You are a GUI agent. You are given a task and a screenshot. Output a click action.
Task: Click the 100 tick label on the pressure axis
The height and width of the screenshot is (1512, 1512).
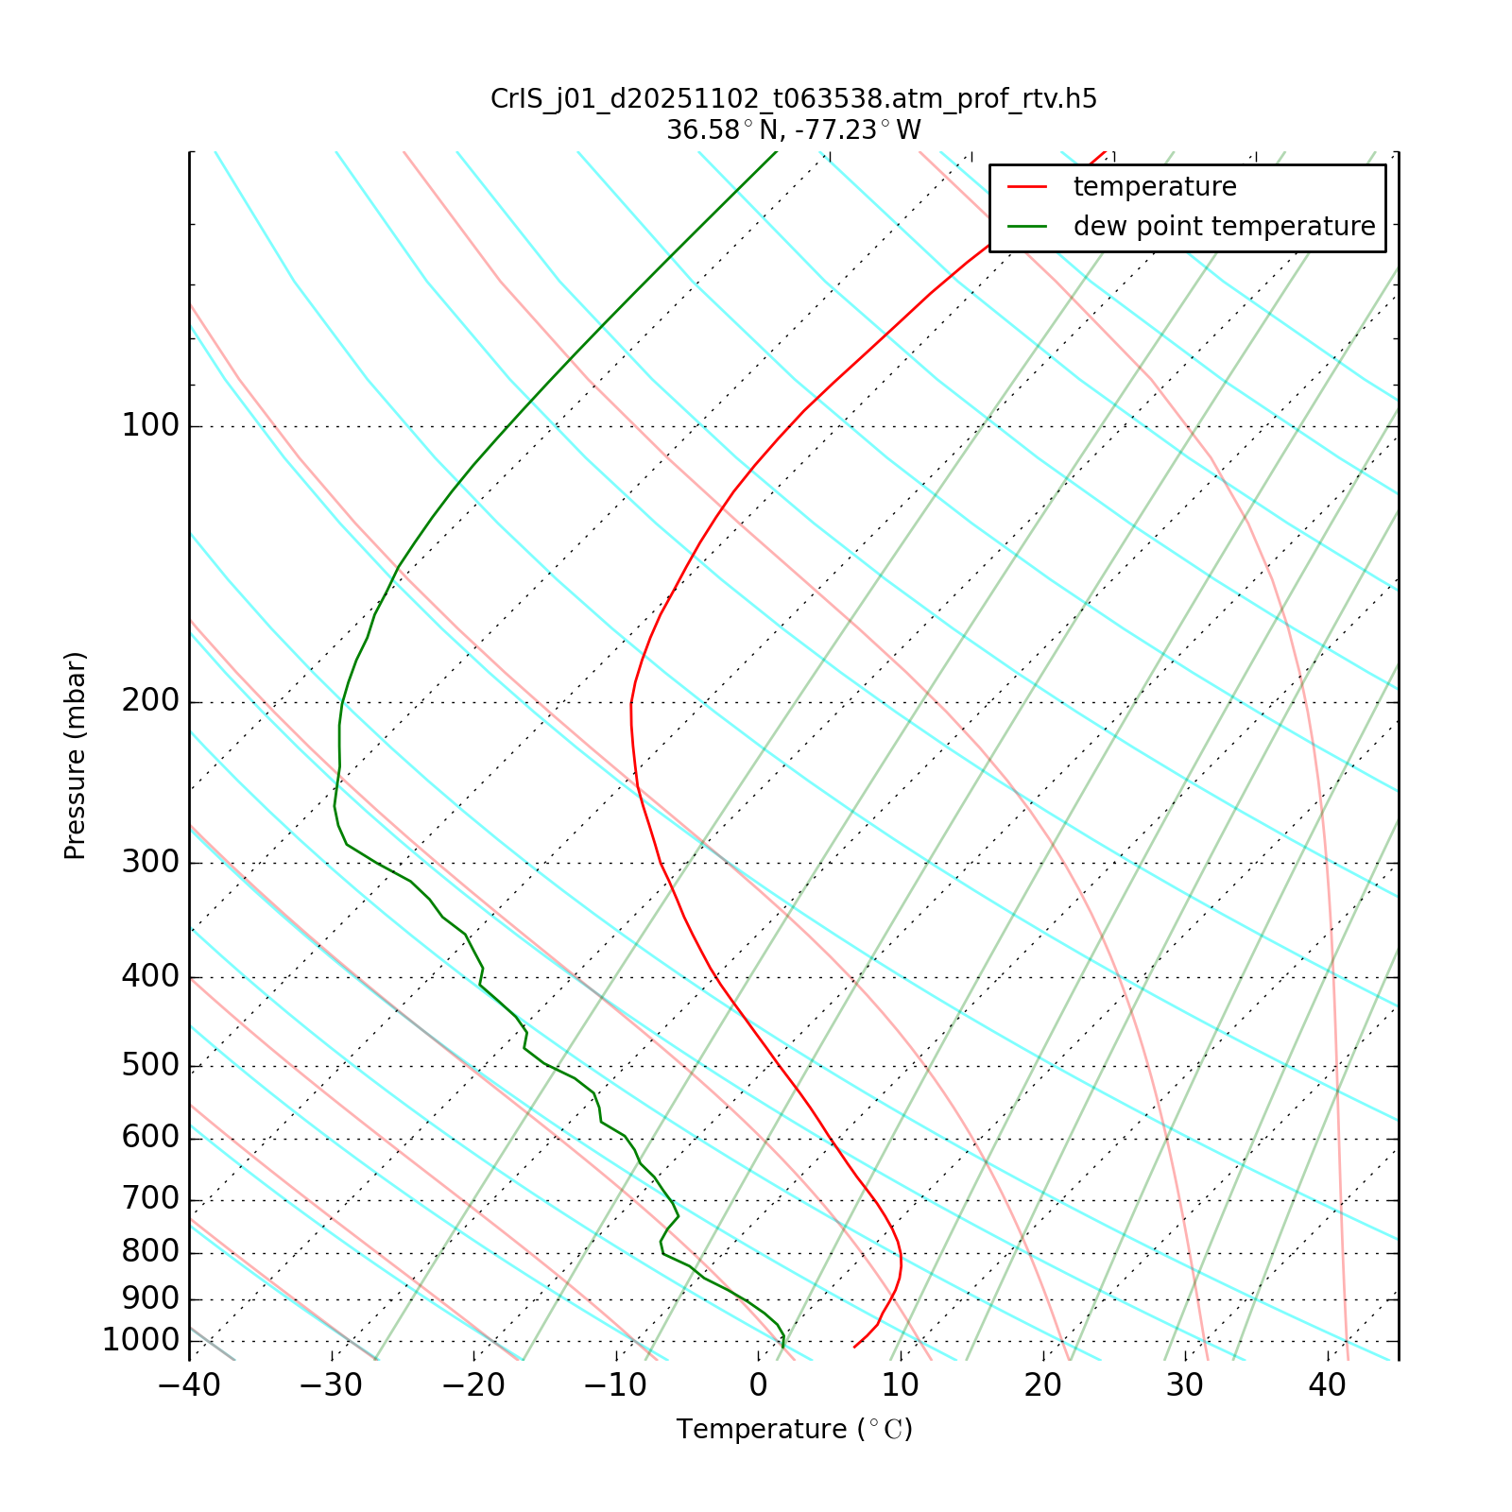150,426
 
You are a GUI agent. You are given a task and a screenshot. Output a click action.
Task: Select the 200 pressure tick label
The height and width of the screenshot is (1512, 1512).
150,701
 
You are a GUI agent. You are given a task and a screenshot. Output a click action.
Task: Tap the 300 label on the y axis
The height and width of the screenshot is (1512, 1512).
150,862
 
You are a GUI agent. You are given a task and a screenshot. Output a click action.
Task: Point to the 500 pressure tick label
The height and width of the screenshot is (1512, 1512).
150,1065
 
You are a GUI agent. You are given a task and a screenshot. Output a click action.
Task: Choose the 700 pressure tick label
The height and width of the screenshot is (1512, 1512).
150,1199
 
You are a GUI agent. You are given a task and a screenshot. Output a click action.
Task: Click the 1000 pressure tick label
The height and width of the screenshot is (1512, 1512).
141,1340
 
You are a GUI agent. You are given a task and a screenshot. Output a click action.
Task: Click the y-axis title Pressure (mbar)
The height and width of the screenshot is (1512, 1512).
76,756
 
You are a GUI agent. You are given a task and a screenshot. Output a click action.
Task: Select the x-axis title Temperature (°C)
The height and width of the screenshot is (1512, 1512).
794,1430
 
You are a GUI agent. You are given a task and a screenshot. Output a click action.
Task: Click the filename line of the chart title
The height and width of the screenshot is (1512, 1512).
794,99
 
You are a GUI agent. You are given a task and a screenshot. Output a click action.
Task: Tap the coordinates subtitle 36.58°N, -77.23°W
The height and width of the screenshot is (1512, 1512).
794,129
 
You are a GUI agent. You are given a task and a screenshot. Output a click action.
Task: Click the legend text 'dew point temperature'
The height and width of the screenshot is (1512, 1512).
1224,227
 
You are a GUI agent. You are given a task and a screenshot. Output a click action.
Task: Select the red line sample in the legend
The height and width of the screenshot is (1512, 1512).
1027,187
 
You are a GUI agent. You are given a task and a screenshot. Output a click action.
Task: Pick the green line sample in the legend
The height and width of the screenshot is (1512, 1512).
1027,227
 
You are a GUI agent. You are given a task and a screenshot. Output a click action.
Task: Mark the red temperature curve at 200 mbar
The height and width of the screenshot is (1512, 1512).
631,702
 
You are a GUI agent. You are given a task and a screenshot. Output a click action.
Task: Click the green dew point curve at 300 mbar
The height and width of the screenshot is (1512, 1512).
375,862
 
